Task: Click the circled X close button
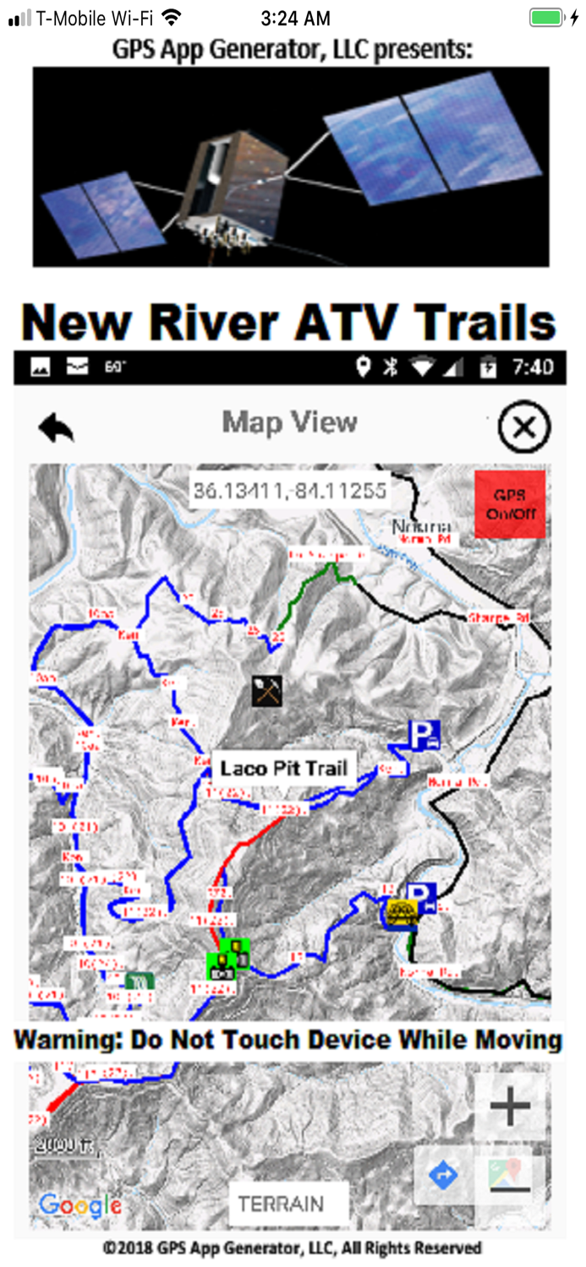523,427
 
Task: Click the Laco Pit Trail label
283,768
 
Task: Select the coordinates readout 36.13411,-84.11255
289,491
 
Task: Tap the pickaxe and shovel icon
266,691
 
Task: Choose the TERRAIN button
288,1204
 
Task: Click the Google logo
80,1204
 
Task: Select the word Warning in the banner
68,1039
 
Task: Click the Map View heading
289,422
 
